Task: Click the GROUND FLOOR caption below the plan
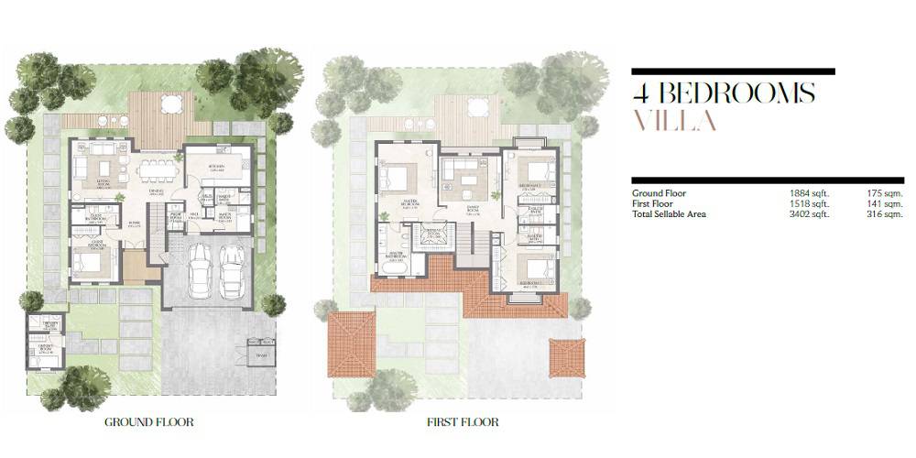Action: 148,422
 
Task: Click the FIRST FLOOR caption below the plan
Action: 463,422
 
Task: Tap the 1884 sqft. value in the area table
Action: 809,193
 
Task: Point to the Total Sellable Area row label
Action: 671,213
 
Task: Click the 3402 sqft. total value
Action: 809,213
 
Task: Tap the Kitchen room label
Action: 217,168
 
